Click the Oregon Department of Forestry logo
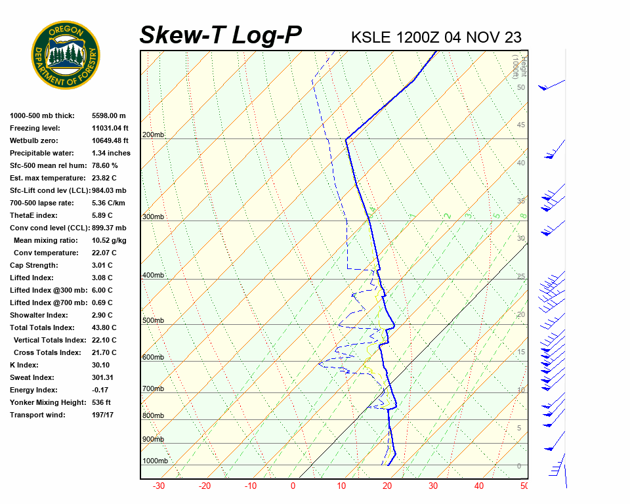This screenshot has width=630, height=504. tap(66, 54)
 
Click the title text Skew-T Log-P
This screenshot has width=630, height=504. tap(220, 35)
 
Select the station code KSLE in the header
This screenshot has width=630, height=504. tap(371, 37)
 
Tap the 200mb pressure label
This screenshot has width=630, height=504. tap(154, 135)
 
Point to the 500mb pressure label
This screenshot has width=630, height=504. tap(154, 321)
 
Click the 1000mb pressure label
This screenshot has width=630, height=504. tap(156, 461)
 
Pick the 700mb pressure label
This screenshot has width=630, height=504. tap(154, 389)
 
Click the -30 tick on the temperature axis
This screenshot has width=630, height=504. tap(158, 486)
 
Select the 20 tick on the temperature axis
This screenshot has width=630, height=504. tap(387, 486)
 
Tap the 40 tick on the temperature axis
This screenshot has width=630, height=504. tap(479, 486)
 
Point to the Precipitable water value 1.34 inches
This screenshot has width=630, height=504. tap(111, 153)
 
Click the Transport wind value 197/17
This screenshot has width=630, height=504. tap(103, 415)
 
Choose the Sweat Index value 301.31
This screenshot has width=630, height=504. tap(103, 377)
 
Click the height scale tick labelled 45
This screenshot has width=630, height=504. tap(521, 125)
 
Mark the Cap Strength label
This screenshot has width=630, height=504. tap(33, 265)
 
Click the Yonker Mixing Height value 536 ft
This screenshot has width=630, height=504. tap(102, 402)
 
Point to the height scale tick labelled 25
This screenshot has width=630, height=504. tap(521, 277)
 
